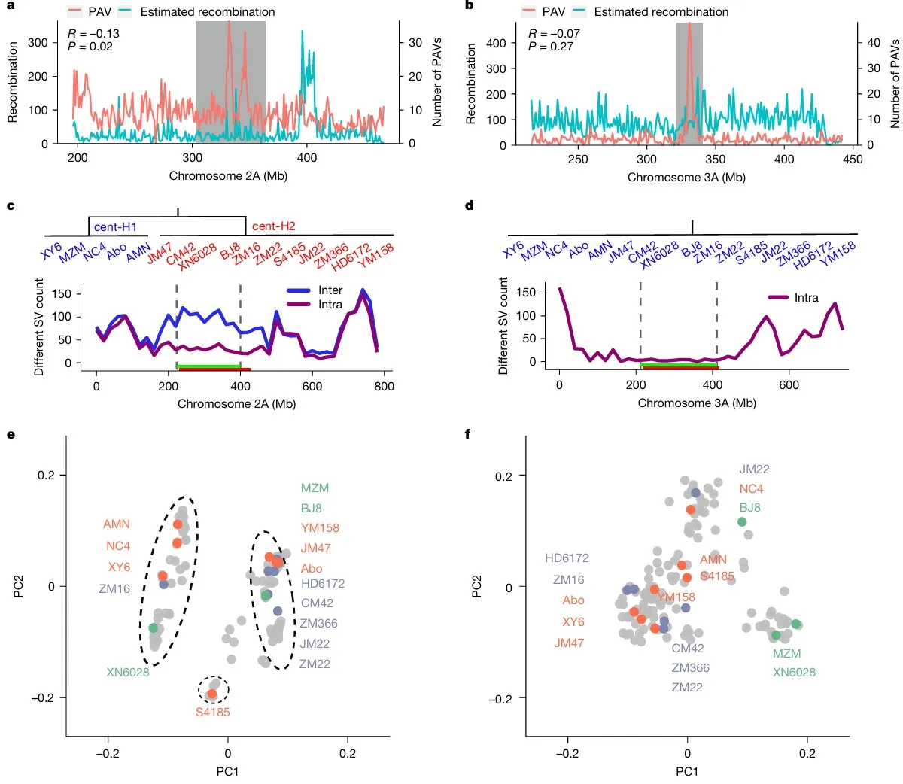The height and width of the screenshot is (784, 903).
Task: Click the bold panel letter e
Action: tap(11, 433)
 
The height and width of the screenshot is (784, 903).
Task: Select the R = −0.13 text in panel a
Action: tap(93, 34)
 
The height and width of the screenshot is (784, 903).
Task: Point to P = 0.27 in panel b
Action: tap(551, 47)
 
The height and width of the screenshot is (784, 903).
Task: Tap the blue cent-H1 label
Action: tap(115, 226)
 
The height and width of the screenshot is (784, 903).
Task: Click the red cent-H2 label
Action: tap(273, 226)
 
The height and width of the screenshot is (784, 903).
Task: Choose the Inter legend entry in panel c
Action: tap(330, 290)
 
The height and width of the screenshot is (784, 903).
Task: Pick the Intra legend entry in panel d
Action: tap(805, 298)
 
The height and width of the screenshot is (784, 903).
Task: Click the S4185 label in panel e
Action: tap(212, 712)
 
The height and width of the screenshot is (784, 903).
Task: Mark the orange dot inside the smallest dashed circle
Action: tap(212, 693)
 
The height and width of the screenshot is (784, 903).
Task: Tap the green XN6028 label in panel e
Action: tap(128, 672)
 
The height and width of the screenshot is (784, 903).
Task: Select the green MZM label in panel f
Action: tap(786, 653)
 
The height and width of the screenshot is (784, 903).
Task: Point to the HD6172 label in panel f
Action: tap(567, 558)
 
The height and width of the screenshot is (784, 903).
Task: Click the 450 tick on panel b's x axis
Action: tap(853, 160)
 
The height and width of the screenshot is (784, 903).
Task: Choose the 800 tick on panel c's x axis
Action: tap(384, 386)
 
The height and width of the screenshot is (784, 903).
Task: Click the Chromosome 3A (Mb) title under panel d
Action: tap(697, 403)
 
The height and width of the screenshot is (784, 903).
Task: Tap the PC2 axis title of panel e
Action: tap(18, 586)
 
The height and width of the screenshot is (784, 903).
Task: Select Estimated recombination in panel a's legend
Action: tap(208, 12)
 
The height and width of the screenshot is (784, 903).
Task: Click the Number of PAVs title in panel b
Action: tap(895, 83)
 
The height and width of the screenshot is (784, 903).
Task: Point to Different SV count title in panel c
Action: tap(39, 327)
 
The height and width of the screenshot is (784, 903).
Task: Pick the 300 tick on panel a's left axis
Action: tap(38, 42)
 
